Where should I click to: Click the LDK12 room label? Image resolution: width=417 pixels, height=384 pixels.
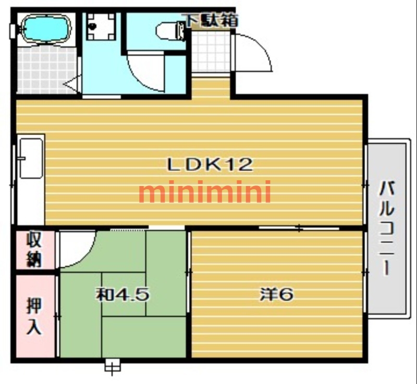(x=210, y=165)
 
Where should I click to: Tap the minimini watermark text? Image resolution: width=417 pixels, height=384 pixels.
(x=205, y=192)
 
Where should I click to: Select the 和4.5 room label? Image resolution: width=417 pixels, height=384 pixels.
(x=123, y=295)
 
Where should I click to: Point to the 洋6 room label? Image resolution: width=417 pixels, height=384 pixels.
(x=277, y=294)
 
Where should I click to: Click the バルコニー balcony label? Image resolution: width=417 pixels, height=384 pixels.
(x=386, y=228)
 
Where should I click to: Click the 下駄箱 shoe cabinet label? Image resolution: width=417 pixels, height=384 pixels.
(x=211, y=21)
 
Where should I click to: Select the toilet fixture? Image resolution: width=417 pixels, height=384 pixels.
(x=169, y=31)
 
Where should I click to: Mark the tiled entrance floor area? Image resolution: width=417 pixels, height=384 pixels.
(x=211, y=53)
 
